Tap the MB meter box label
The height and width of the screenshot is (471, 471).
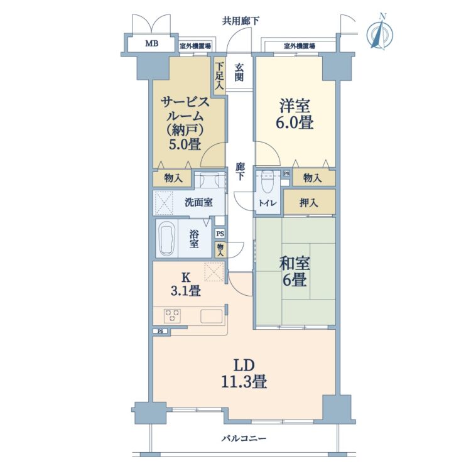152,43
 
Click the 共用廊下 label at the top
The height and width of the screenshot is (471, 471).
241,21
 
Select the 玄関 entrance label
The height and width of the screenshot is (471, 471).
239,72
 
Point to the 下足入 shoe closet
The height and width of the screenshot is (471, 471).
220,75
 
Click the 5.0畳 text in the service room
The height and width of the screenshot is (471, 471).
185,144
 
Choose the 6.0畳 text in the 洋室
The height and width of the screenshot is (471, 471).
295,122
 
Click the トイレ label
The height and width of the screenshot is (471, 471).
268,203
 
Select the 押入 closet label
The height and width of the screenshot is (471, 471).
308,203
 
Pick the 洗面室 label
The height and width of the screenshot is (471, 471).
198,202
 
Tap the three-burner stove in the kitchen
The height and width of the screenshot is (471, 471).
173,315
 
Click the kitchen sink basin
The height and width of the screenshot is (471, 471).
212,316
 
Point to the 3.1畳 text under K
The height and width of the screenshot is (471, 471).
186,291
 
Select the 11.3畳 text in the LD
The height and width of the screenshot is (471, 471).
244,382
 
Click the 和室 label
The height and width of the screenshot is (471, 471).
295,263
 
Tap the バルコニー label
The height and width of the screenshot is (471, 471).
244,438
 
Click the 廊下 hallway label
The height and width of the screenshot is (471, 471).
240,171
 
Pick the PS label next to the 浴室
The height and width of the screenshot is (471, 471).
220,234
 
